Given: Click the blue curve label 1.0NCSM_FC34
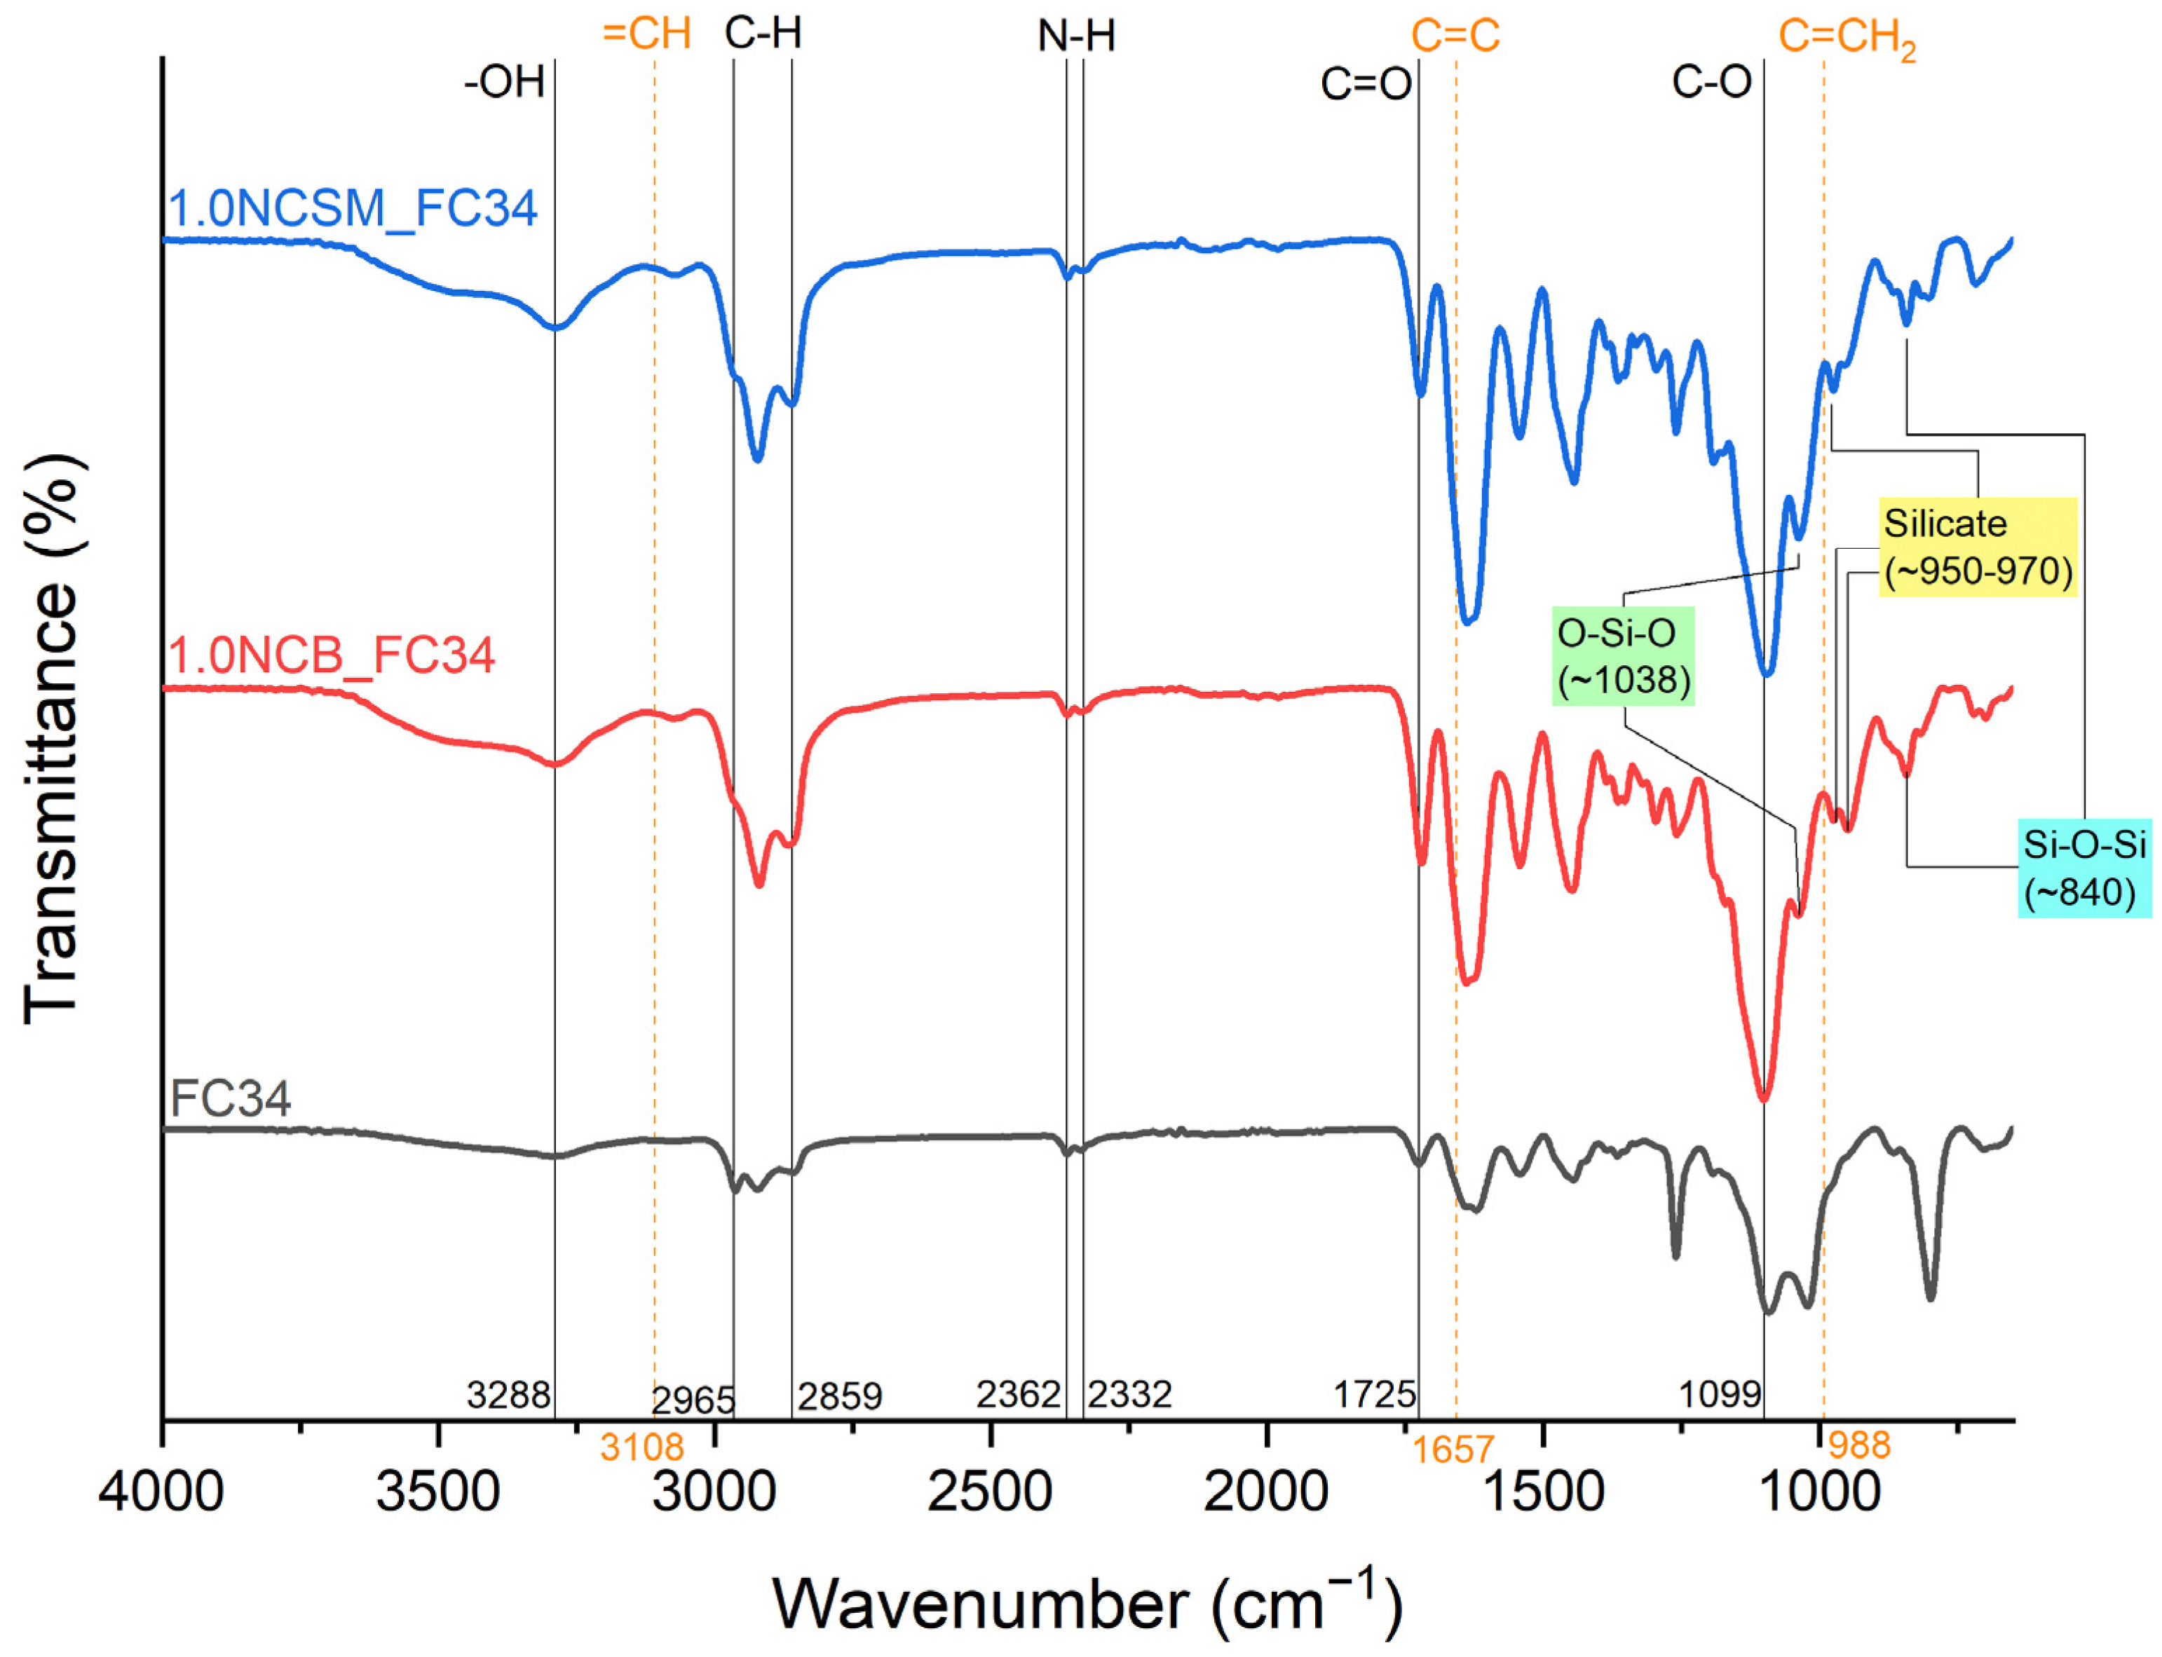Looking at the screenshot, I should pos(352,208).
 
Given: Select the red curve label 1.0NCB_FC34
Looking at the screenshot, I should pos(332,655).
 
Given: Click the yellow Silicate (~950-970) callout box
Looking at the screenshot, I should pos(1976,547).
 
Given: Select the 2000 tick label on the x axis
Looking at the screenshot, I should pos(1265,1492).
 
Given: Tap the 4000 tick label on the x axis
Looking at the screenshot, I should pos(161,1492).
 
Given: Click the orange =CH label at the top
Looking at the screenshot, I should pos(646,34).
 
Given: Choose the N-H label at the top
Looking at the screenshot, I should pos(1076,36).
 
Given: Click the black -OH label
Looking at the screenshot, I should pos(504,82).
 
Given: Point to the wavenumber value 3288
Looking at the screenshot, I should pos(508,1396).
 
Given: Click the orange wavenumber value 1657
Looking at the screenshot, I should pos(1453,1449).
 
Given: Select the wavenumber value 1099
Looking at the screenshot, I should pos(1719,1395).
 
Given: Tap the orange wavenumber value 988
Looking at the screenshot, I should pos(1859,1446).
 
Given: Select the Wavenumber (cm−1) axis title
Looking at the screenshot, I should pos(1086,1603).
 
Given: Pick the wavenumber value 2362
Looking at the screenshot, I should pos(1018,1395).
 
